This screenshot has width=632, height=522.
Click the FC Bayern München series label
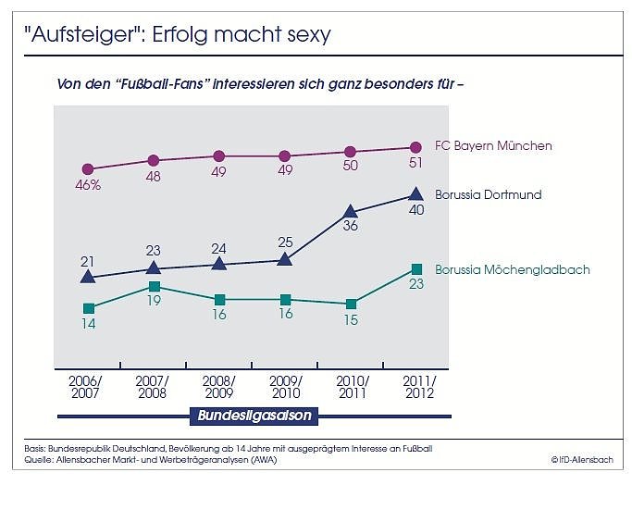pos(493,146)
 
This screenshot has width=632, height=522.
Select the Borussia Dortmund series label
pos(488,195)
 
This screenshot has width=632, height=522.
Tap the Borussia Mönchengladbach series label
pos(512,270)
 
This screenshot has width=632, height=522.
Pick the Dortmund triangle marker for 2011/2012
pos(416,195)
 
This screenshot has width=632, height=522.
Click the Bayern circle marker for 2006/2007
pos(88,169)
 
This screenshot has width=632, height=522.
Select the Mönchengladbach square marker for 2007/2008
pos(154,287)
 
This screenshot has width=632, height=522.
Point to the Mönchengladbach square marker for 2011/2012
pos(416,268)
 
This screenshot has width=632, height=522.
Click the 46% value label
pos(88,185)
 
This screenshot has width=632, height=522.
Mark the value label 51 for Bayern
pos(416,163)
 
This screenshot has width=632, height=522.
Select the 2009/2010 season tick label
pos(284,388)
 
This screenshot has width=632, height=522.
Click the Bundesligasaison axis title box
pos(254,416)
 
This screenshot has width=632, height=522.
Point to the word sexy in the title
pos(307,35)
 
